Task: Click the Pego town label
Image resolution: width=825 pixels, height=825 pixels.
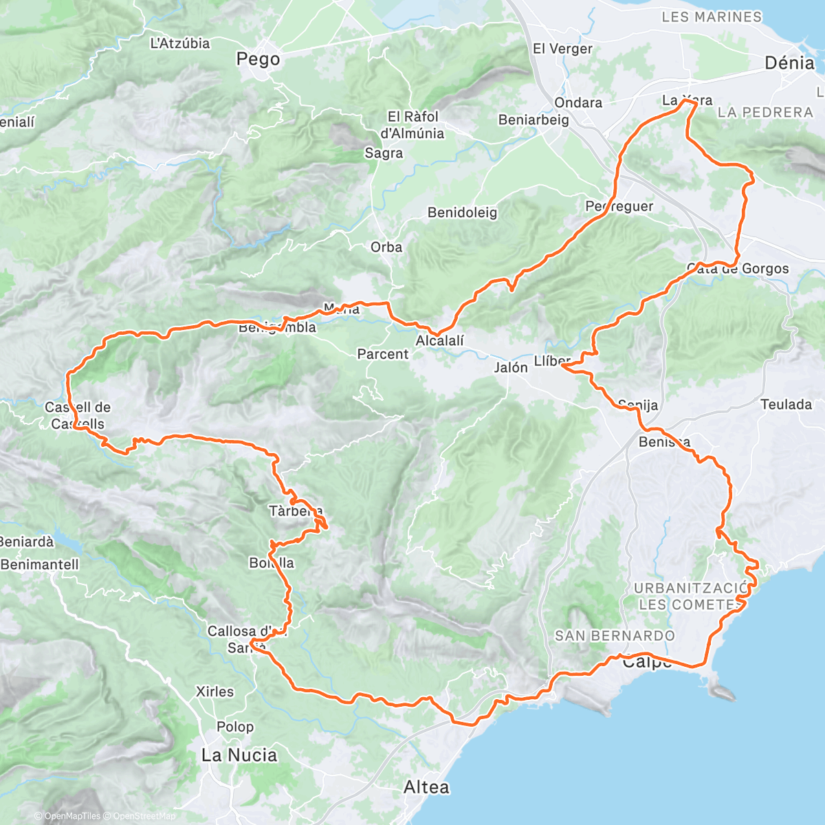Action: tap(258, 59)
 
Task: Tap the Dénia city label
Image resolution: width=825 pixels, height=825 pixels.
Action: tap(789, 63)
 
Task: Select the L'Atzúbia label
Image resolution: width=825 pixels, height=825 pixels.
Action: tap(180, 43)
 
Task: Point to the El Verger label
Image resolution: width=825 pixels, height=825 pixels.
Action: tap(562, 49)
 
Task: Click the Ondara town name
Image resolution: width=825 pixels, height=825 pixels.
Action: tap(578, 102)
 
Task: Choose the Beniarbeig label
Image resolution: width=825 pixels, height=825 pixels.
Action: tap(533, 120)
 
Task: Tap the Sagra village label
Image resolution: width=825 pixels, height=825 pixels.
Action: tap(384, 153)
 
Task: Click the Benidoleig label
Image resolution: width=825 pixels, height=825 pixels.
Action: tap(462, 212)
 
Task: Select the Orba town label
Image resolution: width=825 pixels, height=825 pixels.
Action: tap(386, 247)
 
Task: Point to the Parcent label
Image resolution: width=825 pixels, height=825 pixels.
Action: tap(383, 354)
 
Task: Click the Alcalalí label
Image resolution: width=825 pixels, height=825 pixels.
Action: tap(440, 341)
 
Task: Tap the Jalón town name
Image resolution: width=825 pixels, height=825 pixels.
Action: tap(511, 367)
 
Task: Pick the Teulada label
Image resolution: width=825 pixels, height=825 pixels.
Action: tap(786, 404)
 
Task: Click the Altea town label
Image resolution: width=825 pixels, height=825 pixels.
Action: tap(426, 787)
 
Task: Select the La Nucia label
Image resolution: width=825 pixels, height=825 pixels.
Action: tap(239, 755)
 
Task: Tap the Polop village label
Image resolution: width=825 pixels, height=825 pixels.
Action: tap(235, 727)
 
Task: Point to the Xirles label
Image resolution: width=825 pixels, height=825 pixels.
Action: tap(214, 692)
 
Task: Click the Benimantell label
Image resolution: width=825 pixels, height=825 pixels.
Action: tap(40, 564)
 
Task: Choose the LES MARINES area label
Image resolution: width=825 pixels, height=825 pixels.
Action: tap(712, 17)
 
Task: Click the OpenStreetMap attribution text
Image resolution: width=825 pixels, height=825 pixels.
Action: tap(144, 816)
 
